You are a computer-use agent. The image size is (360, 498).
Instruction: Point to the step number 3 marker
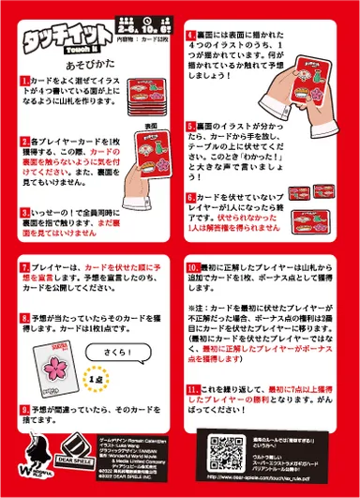click(x=24, y=213)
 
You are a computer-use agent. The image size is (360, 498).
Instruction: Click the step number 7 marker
click(x=24, y=267)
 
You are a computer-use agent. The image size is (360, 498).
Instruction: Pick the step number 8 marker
click(x=24, y=319)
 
